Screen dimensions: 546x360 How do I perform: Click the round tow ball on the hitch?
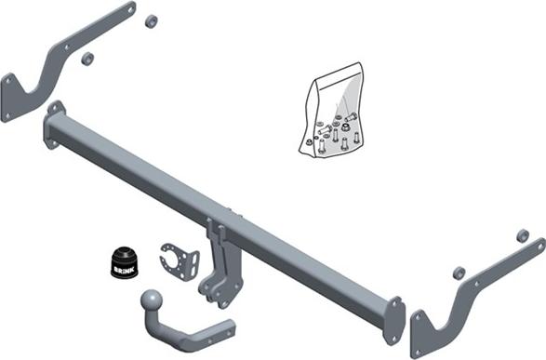(x=152, y=300)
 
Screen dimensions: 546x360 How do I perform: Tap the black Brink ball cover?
(x=125, y=262)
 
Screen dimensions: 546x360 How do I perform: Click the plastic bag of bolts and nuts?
(x=331, y=111)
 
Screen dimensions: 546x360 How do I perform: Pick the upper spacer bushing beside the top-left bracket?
(x=151, y=21)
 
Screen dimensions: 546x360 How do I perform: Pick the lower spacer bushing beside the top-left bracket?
(x=88, y=59)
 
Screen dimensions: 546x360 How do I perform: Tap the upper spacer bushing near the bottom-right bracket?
(x=523, y=235)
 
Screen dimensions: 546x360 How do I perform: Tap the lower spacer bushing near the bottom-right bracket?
(x=459, y=273)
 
